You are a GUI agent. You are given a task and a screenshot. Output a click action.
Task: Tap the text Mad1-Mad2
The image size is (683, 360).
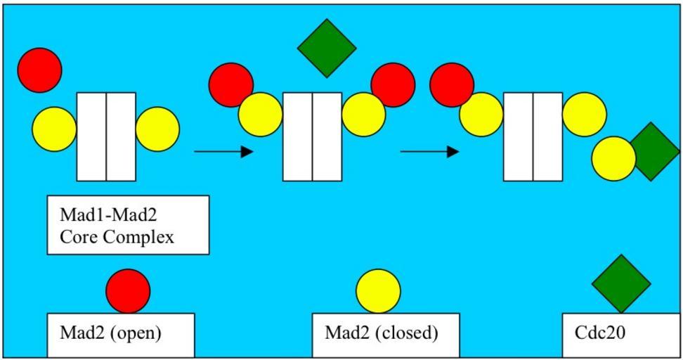[108, 214]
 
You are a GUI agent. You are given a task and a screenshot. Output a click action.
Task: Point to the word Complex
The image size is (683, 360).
[138, 237]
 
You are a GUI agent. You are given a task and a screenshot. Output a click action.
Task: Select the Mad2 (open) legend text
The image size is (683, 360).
[110, 333]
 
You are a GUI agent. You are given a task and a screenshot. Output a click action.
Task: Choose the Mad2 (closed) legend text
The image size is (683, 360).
[381, 333]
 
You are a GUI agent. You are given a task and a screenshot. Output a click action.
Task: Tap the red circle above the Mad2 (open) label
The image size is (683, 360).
[128, 290]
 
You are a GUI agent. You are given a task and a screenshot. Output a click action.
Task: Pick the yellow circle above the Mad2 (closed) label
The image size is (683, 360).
[378, 290]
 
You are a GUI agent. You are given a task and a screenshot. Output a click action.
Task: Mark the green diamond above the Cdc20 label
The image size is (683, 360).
[621, 283]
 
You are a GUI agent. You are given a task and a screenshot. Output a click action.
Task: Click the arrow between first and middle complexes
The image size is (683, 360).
[223, 151]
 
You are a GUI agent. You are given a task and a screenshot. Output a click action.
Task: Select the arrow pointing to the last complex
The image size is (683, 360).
[429, 151]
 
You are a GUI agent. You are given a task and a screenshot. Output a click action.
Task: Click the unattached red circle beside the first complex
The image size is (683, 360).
[40, 70]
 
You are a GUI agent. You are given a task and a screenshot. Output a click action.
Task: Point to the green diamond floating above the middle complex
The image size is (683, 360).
[327, 48]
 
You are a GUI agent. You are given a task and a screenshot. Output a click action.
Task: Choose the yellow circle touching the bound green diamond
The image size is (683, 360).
[613, 158]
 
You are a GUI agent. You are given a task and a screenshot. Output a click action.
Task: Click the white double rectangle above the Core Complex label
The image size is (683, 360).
[106, 136]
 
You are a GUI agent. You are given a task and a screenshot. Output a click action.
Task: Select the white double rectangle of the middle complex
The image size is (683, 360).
[312, 136]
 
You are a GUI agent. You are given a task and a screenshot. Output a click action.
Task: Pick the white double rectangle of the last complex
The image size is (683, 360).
[533, 136]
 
